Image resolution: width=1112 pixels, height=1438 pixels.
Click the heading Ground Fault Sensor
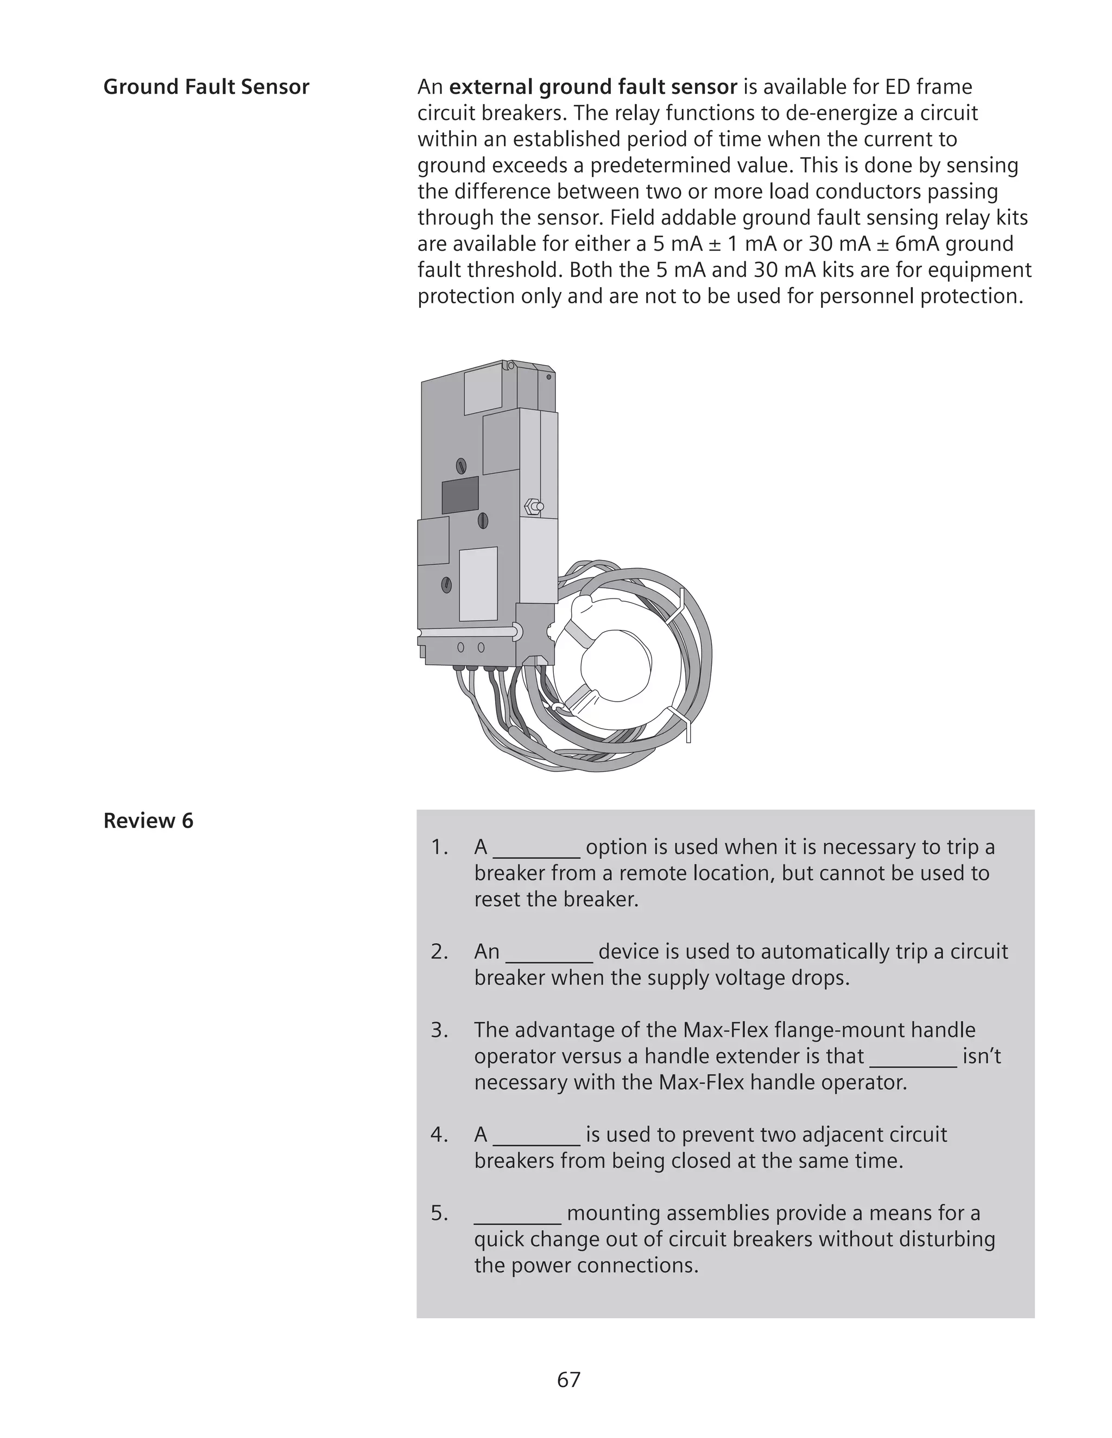206,87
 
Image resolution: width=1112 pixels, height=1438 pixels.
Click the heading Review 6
148,821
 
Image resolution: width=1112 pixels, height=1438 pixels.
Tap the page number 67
568,1379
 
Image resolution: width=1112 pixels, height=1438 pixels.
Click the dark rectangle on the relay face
460,495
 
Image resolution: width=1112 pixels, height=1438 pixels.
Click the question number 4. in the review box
439,1135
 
